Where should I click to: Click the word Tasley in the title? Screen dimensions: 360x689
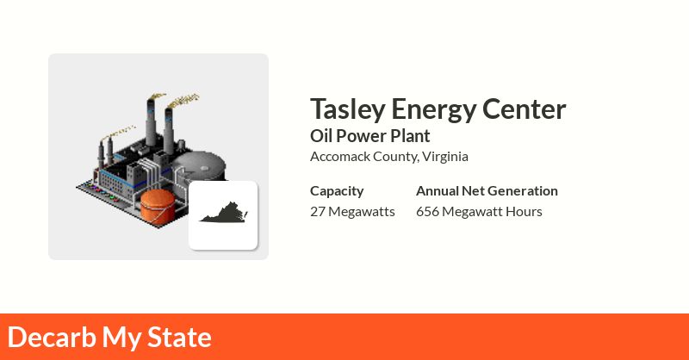[x=347, y=109]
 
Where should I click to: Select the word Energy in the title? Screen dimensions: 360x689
[x=422, y=110]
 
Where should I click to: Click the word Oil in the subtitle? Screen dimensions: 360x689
[x=320, y=135]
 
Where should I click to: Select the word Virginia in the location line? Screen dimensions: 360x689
[x=445, y=156]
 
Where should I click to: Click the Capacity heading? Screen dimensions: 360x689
[x=337, y=190]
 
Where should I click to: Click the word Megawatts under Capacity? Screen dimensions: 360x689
[x=362, y=211]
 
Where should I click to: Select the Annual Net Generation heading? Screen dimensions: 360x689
[x=487, y=190]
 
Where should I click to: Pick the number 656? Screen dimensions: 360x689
[x=427, y=211]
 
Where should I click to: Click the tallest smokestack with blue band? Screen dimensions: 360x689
[x=152, y=125]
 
